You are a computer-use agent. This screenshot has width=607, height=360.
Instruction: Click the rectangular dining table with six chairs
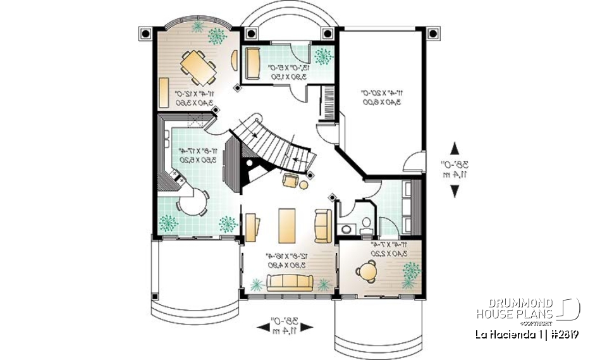pyautogui.click(x=197, y=66)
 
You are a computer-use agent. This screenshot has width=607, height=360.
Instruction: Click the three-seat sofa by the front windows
pyautogui.click(x=290, y=283)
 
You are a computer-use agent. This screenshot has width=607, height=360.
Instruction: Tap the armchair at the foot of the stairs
pyautogui.click(x=290, y=181)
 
